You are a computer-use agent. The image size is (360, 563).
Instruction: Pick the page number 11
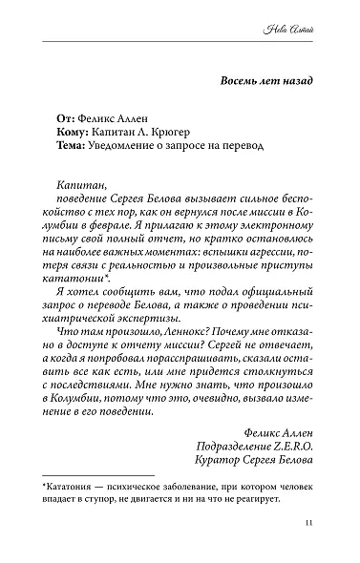pyautogui.click(x=307, y=523)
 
